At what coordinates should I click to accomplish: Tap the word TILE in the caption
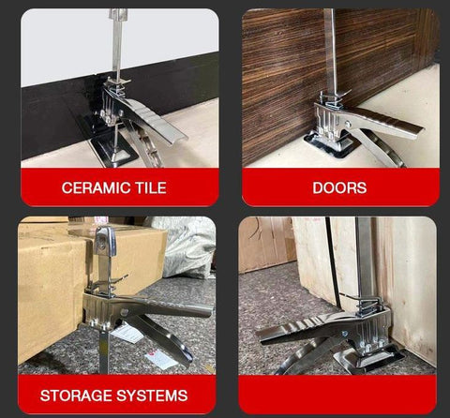(x=151, y=187)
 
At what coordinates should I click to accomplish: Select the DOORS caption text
(x=339, y=187)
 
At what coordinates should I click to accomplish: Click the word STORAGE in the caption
(x=76, y=396)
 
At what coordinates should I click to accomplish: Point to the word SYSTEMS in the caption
(x=152, y=396)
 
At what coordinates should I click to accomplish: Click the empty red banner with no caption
(x=337, y=394)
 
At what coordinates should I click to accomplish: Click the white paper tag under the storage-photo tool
(x=127, y=333)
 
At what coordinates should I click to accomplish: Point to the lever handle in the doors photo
(x=384, y=120)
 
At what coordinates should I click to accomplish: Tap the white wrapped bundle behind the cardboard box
(x=187, y=246)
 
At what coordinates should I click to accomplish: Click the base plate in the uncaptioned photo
(x=372, y=359)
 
